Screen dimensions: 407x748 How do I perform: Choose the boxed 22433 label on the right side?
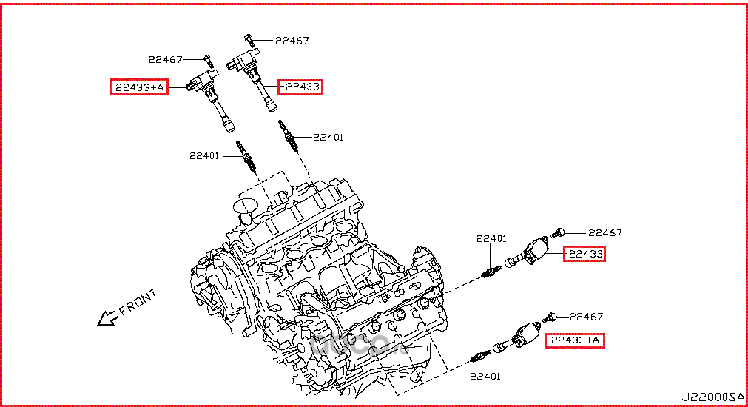584,255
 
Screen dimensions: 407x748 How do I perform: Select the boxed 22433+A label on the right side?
576,340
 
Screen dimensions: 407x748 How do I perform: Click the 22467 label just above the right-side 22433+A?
587,317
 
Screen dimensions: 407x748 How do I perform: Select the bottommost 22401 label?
485,377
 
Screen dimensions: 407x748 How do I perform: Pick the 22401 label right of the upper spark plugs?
328,137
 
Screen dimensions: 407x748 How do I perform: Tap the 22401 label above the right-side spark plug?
491,238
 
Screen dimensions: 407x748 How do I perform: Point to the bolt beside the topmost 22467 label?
250,38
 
